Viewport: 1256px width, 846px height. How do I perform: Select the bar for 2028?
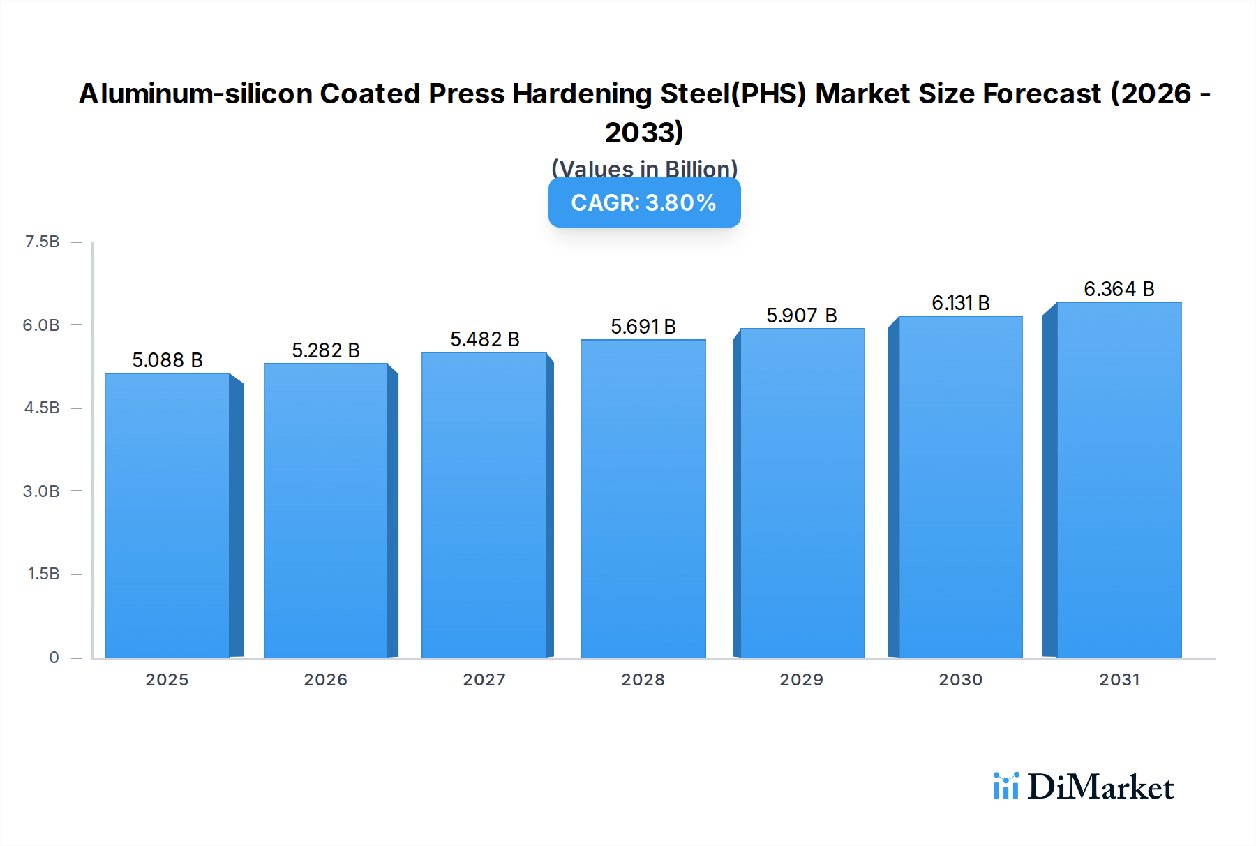[643, 498]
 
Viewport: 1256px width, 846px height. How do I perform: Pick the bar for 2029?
[802, 493]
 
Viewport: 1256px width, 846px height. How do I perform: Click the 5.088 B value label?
[167, 360]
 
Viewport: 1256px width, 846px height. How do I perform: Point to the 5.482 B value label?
[485, 339]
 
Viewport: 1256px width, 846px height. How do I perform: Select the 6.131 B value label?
[961, 303]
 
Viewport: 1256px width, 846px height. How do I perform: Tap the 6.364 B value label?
[1119, 289]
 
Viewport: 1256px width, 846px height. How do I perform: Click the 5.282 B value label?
[326, 350]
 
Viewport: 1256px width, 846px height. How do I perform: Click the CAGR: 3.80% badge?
[644, 202]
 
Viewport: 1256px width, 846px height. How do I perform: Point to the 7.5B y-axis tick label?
[42, 242]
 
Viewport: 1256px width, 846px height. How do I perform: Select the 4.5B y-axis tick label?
[42, 408]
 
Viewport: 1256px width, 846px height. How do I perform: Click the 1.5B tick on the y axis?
[43, 574]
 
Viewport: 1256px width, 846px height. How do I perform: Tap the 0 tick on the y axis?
[54, 658]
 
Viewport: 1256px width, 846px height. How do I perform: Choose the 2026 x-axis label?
[326, 680]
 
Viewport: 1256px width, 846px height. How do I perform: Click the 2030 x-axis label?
[961, 680]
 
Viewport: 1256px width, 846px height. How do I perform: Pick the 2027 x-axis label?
[484, 680]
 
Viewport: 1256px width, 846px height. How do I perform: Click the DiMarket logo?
[1084, 787]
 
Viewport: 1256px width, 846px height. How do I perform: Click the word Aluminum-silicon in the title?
[195, 94]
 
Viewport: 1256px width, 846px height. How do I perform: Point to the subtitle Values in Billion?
[644, 168]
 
